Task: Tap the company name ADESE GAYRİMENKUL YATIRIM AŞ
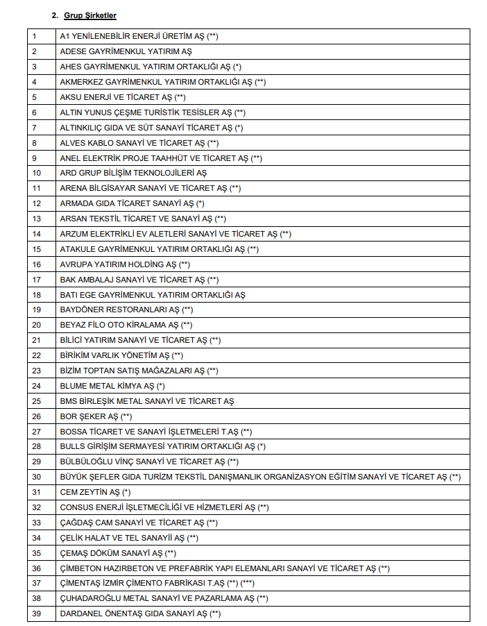coord(126,51)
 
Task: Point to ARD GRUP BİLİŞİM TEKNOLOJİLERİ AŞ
coord(133,173)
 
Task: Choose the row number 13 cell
coord(36,219)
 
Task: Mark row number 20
coord(36,325)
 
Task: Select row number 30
coord(36,477)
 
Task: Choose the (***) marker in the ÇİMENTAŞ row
coord(251,583)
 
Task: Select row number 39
coord(36,614)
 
